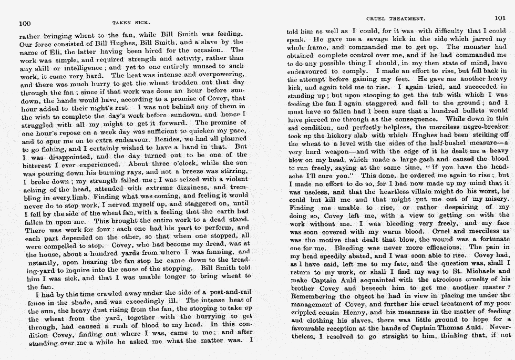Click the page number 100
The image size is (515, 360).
[25, 23]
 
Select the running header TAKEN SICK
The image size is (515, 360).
[131, 23]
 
